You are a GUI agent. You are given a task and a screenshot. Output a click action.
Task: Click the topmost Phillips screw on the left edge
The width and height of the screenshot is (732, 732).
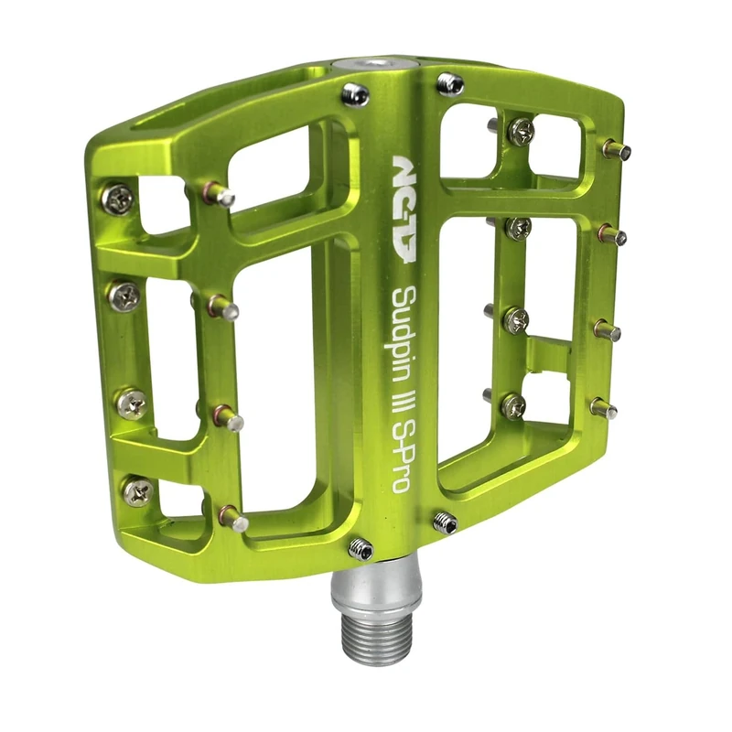tap(117, 199)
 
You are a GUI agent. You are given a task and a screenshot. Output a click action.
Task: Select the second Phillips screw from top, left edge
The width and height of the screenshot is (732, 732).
tap(124, 296)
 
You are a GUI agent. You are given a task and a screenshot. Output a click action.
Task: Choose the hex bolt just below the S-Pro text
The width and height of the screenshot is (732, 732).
tap(445, 522)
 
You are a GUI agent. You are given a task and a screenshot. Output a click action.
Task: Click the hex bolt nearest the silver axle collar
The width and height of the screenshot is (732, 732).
tap(361, 548)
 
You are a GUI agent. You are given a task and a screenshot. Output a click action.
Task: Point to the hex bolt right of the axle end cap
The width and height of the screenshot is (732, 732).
tap(450, 84)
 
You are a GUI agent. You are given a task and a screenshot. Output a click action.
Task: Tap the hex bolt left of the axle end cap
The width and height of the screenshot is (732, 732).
tap(355, 93)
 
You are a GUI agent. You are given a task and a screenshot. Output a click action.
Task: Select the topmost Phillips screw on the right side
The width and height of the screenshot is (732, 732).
tap(521, 132)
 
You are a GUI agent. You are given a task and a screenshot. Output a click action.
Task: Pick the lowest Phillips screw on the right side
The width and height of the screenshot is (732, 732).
tap(514, 406)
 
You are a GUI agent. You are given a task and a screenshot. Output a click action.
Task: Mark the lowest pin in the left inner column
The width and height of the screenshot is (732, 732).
tap(233, 520)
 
